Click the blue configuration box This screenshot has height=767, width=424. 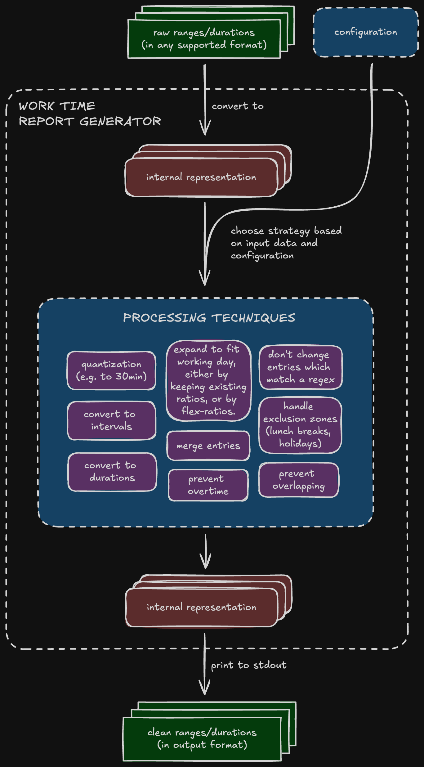pos(365,32)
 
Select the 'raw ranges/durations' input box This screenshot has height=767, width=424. pos(204,39)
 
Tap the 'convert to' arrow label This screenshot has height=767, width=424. pos(238,106)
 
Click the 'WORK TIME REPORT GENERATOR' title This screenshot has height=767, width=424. pos(90,114)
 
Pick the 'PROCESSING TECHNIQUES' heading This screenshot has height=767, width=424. pos(209,318)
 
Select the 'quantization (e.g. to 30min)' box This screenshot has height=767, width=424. pos(111,370)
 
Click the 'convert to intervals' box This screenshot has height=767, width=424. pos(111,420)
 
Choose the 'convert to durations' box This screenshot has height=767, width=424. pos(112,472)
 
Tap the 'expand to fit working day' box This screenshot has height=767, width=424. pos(208,380)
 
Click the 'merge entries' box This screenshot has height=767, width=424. pos(208,446)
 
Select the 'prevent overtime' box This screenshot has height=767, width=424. pos(208,485)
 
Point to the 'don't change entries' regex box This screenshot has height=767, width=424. pos(300,367)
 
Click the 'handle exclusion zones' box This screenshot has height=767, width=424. pos(300,425)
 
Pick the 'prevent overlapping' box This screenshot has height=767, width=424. pos(298,480)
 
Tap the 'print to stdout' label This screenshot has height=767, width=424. pos(248,665)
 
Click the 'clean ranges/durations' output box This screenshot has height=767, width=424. pos(202,739)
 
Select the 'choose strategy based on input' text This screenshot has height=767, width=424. pos(286,243)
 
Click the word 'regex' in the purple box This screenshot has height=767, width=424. pos(321,380)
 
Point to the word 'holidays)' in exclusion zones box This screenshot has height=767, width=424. pos(300,443)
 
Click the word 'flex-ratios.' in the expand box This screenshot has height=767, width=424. pos(208,411)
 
